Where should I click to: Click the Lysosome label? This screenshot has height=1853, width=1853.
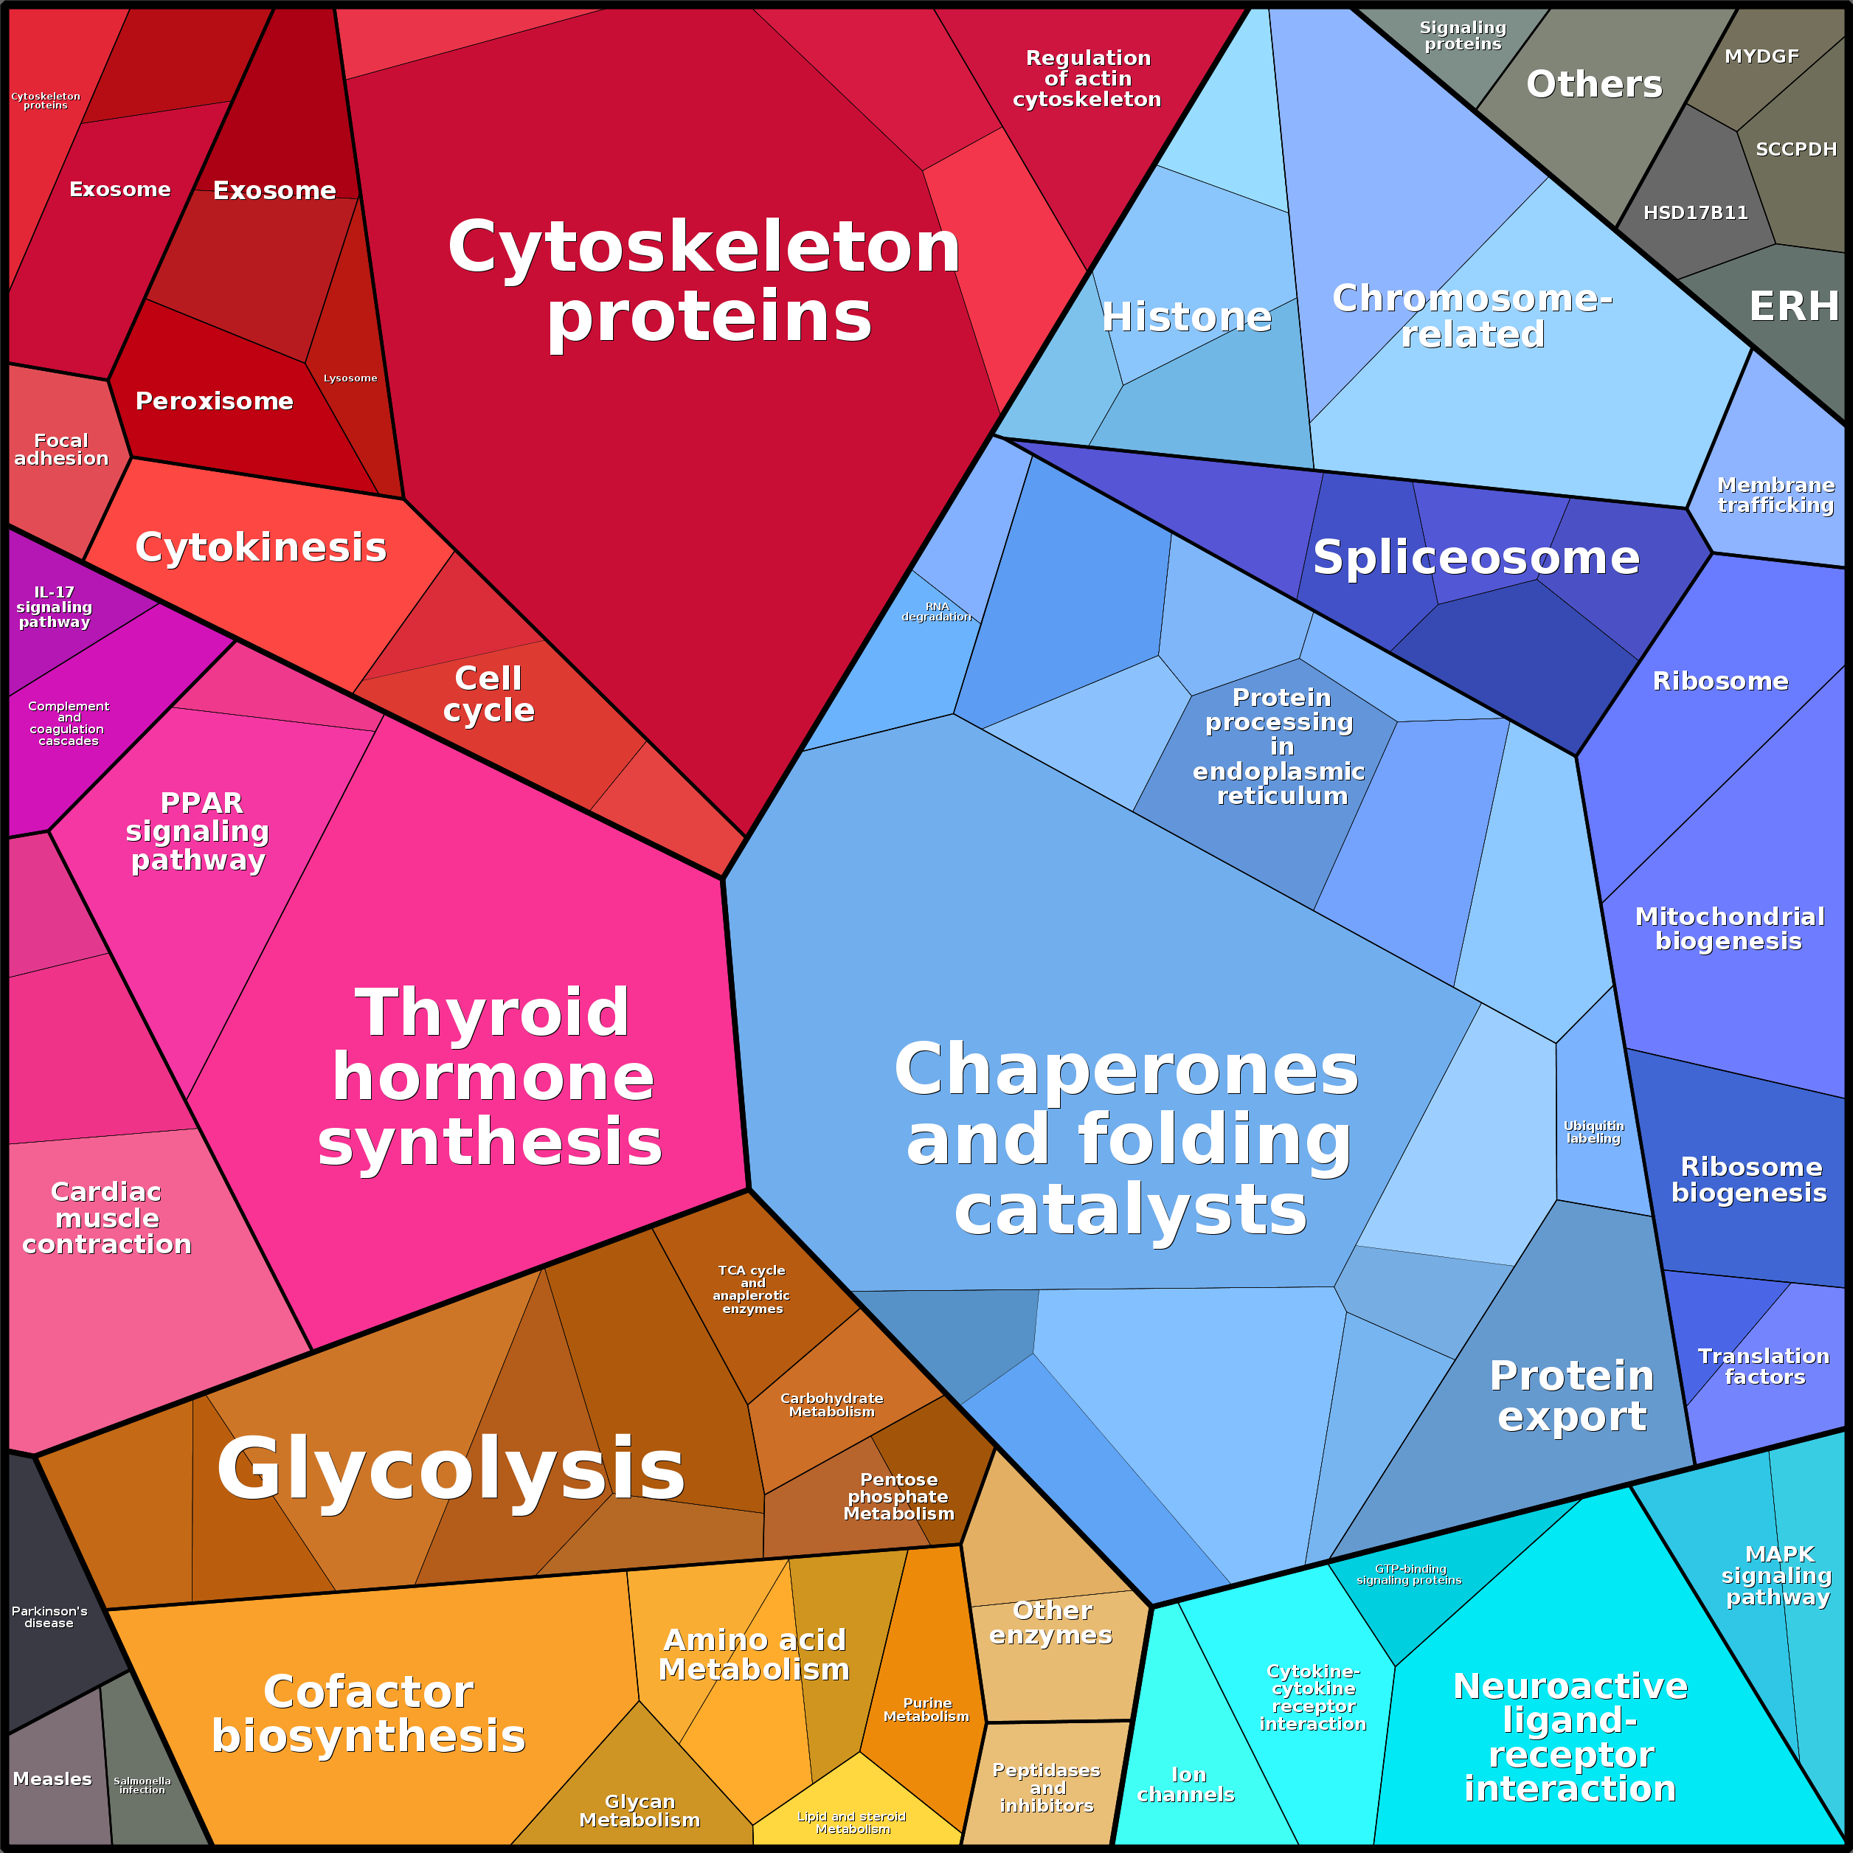click(x=350, y=378)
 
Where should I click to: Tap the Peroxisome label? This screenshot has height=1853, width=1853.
click(x=214, y=401)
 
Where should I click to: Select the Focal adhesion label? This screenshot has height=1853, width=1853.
click(x=61, y=448)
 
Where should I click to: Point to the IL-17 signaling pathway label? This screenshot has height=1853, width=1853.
click(x=55, y=607)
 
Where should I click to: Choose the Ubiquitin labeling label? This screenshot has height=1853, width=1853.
click(x=1594, y=1132)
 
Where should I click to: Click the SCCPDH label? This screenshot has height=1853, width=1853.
click(x=1796, y=150)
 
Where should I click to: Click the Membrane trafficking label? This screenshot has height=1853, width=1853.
click(x=1776, y=495)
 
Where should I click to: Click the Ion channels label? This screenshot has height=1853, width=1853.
click(x=1186, y=1785)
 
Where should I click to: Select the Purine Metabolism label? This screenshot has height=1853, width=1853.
click(x=926, y=1710)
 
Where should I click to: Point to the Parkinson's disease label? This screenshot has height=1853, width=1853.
click(x=49, y=1617)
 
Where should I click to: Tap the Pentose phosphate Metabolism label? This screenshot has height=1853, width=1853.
click(x=898, y=1496)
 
